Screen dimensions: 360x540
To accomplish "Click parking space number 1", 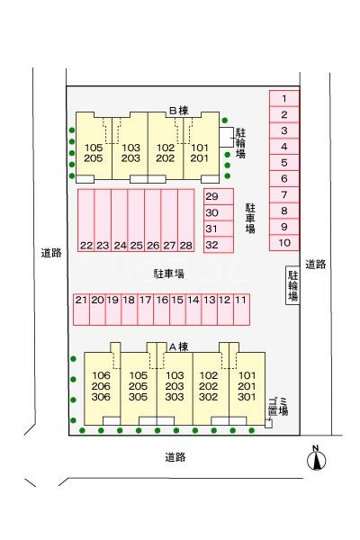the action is coord(283,99).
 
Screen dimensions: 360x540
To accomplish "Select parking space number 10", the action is coord(283,242).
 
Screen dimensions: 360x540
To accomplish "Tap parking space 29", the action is coord(219,196).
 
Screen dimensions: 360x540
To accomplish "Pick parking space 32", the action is coord(219,245).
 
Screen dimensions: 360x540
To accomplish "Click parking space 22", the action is coord(85,220).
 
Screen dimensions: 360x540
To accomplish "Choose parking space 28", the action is coord(186,220).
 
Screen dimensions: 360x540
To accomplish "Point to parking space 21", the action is coord(81,310).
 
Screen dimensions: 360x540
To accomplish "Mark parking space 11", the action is coord(241,310).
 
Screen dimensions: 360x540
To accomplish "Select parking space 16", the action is coord(162,310).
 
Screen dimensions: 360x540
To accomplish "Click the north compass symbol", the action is coord(316,458).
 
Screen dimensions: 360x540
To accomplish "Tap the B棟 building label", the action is coord(179,111).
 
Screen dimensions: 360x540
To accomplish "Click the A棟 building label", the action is coord(178,346).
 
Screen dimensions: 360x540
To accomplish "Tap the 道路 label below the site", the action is coord(175,457).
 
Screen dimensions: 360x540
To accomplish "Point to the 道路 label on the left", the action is coord(51,253).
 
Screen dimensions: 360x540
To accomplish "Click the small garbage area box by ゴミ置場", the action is coord(269,424).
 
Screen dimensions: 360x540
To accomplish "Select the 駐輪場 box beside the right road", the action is coord(292,285).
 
